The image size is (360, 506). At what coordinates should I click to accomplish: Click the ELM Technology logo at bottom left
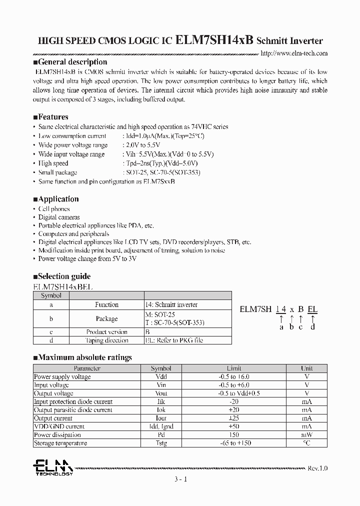click(x=52, y=467)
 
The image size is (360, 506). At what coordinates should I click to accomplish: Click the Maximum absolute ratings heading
click(x=84, y=357)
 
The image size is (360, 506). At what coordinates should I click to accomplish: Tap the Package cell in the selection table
click(x=106, y=318)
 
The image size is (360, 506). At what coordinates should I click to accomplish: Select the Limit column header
click(x=233, y=368)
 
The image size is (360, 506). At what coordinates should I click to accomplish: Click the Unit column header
click(x=306, y=368)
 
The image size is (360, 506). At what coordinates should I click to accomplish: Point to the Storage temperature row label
click(x=60, y=443)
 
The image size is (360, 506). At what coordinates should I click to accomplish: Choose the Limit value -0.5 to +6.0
click(x=233, y=385)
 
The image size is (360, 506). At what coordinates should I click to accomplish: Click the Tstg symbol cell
click(x=161, y=443)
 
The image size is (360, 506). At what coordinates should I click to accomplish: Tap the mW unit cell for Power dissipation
click(x=306, y=435)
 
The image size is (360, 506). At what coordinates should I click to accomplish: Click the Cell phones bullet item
click(x=54, y=209)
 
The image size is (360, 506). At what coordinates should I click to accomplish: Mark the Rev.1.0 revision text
click(x=317, y=468)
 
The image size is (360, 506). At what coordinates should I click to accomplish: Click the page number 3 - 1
click(x=180, y=479)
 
